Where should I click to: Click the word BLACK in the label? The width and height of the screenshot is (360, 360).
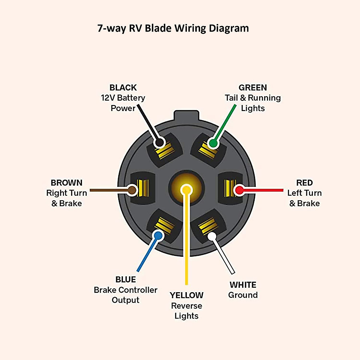pos(123,88)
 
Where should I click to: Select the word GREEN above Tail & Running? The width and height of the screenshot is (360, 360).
pos(253,88)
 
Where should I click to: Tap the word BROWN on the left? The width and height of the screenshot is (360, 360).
pos(66,183)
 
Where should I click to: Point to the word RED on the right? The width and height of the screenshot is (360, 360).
pos(304,183)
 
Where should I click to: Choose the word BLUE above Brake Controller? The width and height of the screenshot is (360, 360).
pos(125,280)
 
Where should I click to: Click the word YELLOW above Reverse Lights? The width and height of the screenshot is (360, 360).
pos(186,295)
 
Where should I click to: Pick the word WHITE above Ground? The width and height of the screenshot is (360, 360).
pos(243,285)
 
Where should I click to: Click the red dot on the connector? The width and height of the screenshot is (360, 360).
pos(239,190)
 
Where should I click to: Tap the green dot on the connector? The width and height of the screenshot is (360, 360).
pos(213,143)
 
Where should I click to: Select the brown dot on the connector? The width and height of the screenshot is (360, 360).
pos(132,190)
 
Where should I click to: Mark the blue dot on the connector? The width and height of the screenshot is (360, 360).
pos(158,235)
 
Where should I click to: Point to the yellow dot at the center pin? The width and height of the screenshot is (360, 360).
pos(187,190)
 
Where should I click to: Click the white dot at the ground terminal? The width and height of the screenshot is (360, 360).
pos(212,236)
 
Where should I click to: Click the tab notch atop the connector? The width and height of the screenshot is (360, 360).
pos(186,115)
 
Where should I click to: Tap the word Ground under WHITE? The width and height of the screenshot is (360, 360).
pos(243,295)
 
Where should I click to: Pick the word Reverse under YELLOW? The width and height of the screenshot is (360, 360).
pos(186,306)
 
